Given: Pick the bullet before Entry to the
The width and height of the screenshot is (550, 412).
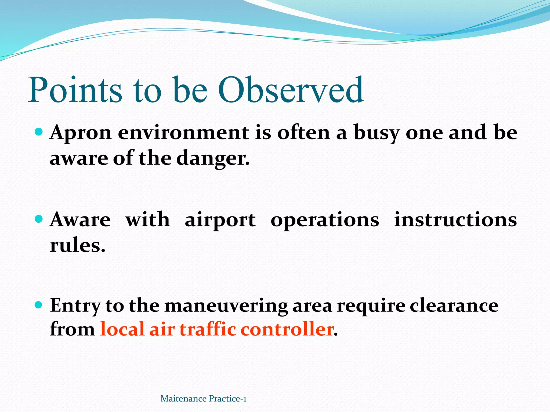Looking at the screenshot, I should [x=39, y=305].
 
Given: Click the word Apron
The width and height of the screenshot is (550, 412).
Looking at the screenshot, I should [x=81, y=133].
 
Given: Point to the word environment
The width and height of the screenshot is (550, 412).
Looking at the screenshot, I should [x=183, y=133].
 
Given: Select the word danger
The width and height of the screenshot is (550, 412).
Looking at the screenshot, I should [x=213, y=158].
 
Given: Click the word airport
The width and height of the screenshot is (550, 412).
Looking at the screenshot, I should [x=220, y=220].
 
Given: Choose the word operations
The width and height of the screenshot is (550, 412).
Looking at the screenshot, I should [x=325, y=220].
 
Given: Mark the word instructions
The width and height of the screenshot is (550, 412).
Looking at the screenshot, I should [x=455, y=220].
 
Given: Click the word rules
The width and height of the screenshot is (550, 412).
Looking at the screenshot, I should [x=77, y=245].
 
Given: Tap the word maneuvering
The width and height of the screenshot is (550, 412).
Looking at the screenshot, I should [x=226, y=306].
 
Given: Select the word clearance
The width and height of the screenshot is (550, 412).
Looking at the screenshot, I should [x=454, y=306].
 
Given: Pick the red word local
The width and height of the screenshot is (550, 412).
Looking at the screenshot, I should [x=122, y=329].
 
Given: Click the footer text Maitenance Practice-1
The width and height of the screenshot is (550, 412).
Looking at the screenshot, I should [x=203, y=399].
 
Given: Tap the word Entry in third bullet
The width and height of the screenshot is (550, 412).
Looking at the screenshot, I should [x=75, y=306].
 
